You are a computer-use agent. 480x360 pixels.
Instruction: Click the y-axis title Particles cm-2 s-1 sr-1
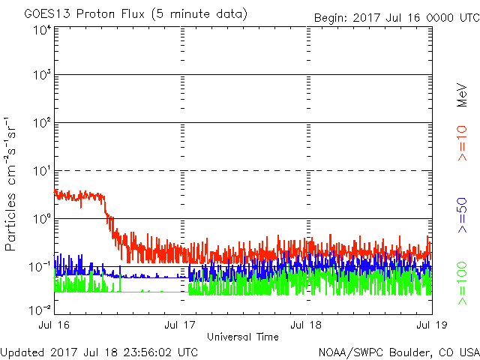13,183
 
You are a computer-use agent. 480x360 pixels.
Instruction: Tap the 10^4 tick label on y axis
41,30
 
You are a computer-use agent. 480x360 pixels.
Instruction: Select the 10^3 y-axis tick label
41,75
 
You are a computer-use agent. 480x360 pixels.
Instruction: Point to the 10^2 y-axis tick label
41,123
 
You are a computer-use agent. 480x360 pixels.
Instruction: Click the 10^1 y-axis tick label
41,171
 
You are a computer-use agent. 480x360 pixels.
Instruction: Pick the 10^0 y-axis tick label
41,219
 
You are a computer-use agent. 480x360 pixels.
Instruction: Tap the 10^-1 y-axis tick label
39,266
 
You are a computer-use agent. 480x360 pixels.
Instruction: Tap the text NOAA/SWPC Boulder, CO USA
398,351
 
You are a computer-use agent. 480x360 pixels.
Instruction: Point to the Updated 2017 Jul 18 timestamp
100,351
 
